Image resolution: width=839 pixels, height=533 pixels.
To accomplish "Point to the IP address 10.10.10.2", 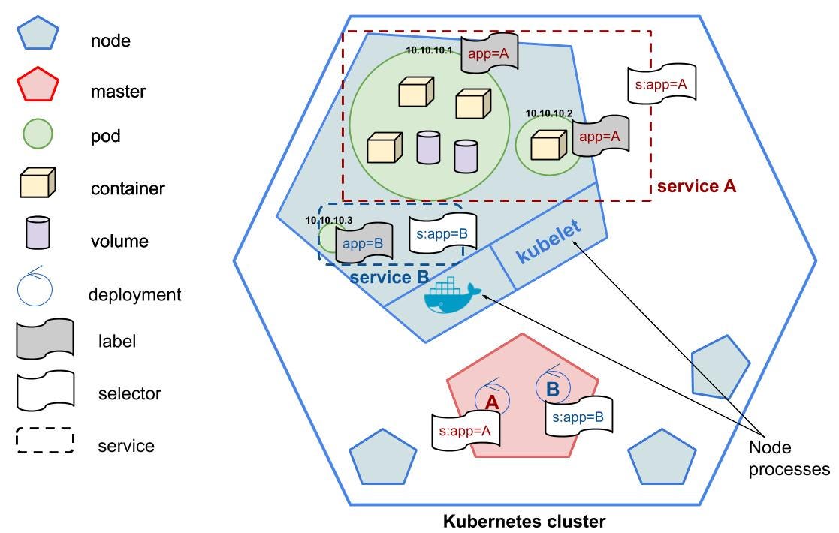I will click(549, 113).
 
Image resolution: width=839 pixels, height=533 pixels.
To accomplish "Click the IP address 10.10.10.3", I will click(328, 220).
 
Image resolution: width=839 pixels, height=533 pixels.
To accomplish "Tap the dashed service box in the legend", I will click(44, 441).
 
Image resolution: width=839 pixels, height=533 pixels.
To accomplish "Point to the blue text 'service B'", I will click(389, 276).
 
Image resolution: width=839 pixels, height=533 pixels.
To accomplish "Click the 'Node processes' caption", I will click(788, 459).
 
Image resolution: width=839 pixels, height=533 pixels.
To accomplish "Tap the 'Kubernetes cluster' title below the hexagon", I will click(524, 520).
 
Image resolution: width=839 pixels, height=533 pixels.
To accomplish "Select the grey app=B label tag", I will click(364, 244).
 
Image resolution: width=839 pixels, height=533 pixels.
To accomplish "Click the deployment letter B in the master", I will click(552, 390).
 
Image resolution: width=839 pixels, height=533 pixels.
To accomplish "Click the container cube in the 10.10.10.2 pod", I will click(548, 145).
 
